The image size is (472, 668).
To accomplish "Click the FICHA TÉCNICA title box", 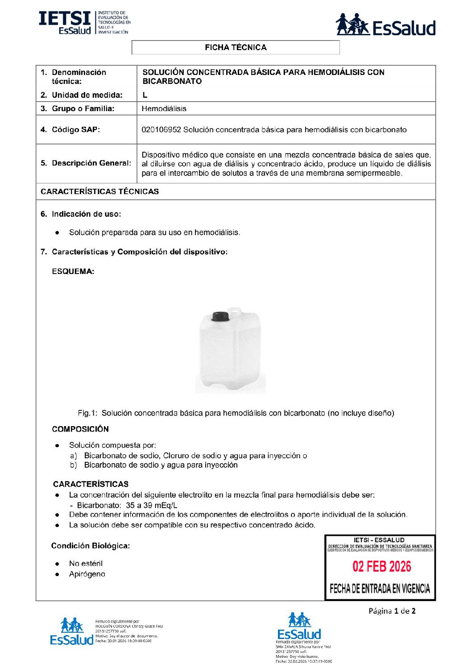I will pos(236,47).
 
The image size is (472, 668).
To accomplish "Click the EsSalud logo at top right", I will pos(385,25).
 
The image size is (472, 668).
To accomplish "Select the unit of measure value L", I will pos(145,95).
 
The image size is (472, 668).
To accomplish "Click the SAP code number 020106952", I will pos(161,130).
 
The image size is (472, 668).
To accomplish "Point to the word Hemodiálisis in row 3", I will pos(164,108).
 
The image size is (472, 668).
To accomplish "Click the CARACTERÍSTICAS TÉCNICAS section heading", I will pos(99,191).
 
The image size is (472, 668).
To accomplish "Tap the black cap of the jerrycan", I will pos(220,316).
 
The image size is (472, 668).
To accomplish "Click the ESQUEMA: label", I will pos(73,271).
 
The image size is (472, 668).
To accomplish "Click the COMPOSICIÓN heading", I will pos(80,429).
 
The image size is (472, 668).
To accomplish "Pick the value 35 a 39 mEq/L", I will pos(151,506).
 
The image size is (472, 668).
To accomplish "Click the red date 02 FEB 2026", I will pos(381,567).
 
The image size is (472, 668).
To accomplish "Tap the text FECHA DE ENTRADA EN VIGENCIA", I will pos(380,589).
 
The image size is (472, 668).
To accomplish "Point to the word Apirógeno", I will pos(87,574).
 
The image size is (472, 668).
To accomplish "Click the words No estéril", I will pos(86,564).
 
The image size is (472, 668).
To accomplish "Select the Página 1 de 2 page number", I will pos(392,611).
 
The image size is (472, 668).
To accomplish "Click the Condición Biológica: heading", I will pos(90,546).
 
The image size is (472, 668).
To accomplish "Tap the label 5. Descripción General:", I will pos(86,163).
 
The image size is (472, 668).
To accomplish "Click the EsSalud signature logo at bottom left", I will pos(72,632).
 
